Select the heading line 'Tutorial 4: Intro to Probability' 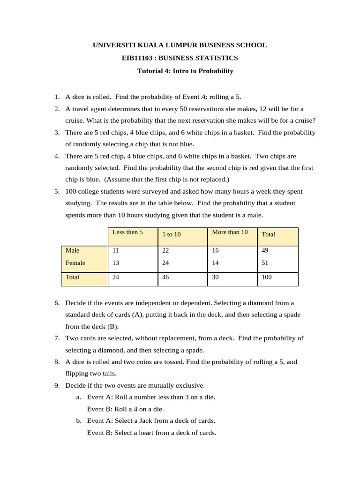coord(185,71)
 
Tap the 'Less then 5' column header coord(127,232)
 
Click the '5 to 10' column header coord(172,234)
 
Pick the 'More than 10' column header coord(230,232)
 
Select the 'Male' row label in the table coord(73,251)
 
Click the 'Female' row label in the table coord(75,263)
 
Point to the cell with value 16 coord(216,251)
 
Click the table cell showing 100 coord(267,277)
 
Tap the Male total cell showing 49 coord(265,251)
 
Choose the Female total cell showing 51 coord(265,263)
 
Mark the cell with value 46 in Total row coord(166,277)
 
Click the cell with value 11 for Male coord(116,251)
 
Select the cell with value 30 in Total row coord(216,277)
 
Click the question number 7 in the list coord(56,338)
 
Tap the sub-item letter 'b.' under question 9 coord(79,420)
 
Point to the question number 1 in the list coord(56,97)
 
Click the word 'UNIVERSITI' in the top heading coord(112,45)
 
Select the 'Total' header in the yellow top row coord(269,234)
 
